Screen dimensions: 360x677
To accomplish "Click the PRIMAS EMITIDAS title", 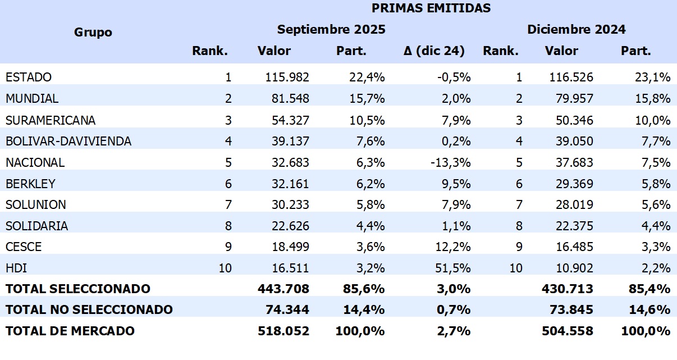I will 431,8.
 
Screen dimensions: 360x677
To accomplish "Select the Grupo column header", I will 93,32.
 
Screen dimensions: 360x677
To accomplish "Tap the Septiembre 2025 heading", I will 331,29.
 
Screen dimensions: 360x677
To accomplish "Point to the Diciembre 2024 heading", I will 576,29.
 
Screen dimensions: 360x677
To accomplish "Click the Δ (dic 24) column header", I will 434,51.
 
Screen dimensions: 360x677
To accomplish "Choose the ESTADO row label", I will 29,77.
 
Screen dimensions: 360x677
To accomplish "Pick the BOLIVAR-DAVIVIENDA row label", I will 68,141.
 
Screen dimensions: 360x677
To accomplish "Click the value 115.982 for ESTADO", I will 287,77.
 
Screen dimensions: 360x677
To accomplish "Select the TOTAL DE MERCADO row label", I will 70,331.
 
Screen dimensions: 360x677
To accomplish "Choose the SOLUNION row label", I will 36,204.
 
